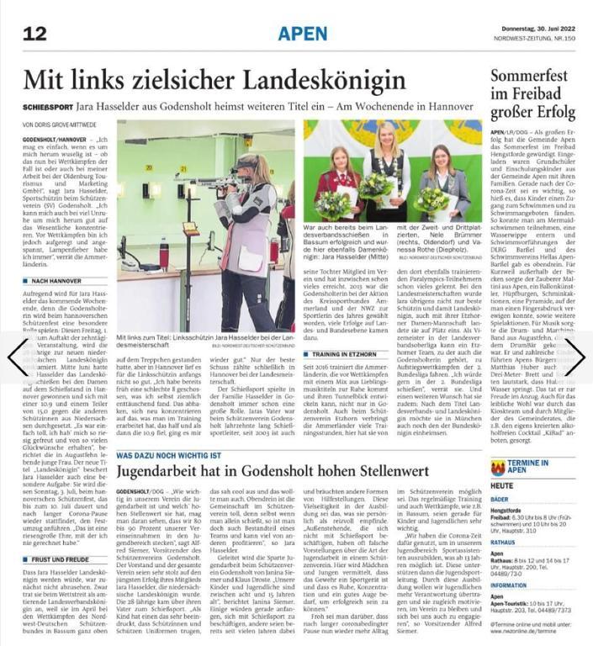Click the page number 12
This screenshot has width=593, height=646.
click(x=34, y=34)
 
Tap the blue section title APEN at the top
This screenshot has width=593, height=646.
click(x=303, y=34)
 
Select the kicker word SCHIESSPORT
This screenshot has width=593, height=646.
click(x=47, y=107)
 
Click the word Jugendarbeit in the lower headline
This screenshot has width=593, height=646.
click(x=174, y=473)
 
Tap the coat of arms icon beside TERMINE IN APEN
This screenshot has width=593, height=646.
click(x=497, y=467)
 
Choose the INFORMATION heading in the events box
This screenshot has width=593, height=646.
click(x=511, y=585)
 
